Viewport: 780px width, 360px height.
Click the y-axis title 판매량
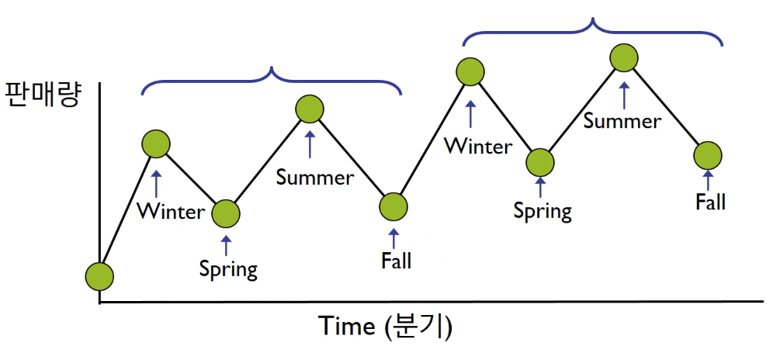coord(42,95)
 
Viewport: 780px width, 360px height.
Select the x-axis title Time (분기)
coord(386,326)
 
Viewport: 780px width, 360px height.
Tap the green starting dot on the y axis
coord(99,275)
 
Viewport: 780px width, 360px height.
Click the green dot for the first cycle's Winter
coord(156,144)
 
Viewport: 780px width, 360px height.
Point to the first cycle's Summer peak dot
coord(310,109)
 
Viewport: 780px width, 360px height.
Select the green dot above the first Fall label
coord(393,206)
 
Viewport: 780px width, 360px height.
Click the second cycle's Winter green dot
coord(470,71)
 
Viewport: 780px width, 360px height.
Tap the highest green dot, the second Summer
coord(624,58)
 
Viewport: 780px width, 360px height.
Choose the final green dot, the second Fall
coord(708,156)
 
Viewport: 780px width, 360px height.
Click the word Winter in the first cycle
coord(171,212)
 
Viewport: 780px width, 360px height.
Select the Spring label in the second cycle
coord(543,211)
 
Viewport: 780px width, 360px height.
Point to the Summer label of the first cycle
coord(315,178)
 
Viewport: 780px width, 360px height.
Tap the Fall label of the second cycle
coord(710,202)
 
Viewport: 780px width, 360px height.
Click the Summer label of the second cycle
coord(622,121)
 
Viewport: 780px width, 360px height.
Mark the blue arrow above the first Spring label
coord(227,246)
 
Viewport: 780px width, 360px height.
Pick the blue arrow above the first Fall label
coord(394,238)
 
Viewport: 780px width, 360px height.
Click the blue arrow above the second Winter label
coord(470,114)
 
